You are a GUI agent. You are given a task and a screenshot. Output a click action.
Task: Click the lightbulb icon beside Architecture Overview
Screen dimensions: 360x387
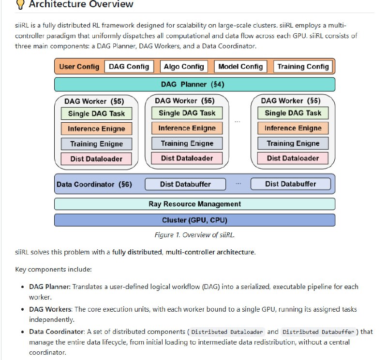coord(20,4)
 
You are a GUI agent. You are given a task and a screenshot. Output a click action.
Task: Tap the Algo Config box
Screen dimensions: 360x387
coord(184,67)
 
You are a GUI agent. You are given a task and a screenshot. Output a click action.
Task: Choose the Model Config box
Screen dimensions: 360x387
coord(240,67)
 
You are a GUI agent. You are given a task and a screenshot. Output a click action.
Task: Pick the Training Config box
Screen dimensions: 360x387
coord(303,67)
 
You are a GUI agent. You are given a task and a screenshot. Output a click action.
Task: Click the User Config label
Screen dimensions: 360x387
coord(79,67)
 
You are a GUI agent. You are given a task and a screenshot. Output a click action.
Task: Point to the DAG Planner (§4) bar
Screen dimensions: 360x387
coord(194,85)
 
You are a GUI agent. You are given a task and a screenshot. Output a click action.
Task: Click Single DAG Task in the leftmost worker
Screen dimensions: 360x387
coord(97,114)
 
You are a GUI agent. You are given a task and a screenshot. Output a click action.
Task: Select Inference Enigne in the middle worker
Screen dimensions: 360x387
coord(187,128)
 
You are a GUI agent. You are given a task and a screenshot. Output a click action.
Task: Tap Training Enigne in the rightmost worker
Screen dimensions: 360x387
coord(293,143)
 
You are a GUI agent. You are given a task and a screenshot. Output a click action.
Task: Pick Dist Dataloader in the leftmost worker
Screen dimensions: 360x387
coord(97,158)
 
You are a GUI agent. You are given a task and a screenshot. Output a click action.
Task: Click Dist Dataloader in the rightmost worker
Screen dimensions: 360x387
coord(293,158)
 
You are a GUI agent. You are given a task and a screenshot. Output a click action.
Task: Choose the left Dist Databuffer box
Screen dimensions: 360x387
coord(186,184)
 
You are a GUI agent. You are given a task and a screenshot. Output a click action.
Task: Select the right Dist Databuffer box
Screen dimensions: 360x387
coord(290,184)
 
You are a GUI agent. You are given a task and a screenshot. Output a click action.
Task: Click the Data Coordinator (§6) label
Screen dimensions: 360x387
coord(94,184)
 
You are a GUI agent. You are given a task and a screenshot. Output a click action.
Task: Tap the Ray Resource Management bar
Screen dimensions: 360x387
coord(194,204)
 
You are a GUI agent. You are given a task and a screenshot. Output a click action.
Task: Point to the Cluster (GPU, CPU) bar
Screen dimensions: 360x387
coord(194,220)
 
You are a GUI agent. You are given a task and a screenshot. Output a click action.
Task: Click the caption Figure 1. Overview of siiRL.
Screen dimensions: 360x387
coord(194,235)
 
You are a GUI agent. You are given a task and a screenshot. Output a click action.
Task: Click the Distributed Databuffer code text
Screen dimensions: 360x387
coord(318,332)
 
